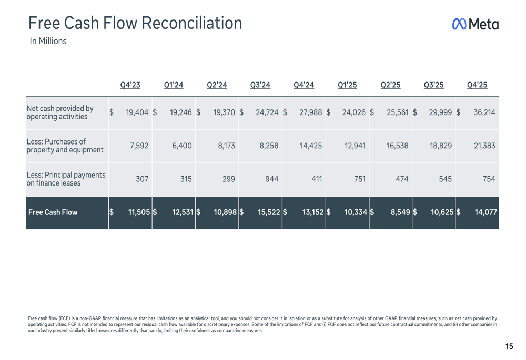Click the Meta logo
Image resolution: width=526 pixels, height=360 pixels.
(x=475, y=24)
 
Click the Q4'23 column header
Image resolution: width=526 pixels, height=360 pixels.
(x=130, y=85)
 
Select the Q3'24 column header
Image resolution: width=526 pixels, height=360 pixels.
(x=260, y=85)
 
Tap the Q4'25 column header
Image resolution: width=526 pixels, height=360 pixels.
(x=477, y=85)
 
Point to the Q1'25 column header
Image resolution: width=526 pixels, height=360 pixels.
(x=347, y=85)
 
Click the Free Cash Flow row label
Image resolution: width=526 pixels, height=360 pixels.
(x=53, y=212)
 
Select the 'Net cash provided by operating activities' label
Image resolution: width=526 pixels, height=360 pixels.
(x=60, y=112)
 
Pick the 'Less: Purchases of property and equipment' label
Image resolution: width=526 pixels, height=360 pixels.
(x=65, y=146)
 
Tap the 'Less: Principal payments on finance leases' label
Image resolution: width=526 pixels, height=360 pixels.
(x=66, y=179)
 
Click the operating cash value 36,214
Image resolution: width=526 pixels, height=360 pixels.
(x=484, y=112)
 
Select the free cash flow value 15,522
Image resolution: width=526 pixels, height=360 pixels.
(x=269, y=212)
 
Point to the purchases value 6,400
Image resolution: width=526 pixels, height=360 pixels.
(x=182, y=146)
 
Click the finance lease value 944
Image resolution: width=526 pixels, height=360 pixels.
(x=272, y=179)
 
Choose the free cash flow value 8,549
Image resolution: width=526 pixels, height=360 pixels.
(x=400, y=212)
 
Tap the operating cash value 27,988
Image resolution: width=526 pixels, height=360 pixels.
(x=311, y=112)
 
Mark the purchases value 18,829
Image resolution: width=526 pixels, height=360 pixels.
(x=441, y=146)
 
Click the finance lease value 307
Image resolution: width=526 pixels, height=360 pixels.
(x=142, y=179)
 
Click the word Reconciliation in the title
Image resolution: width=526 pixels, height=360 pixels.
(x=191, y=23)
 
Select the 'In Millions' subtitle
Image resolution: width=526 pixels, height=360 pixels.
(x=48, y=41)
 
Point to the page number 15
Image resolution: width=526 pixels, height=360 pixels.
(x=509, y=346)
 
